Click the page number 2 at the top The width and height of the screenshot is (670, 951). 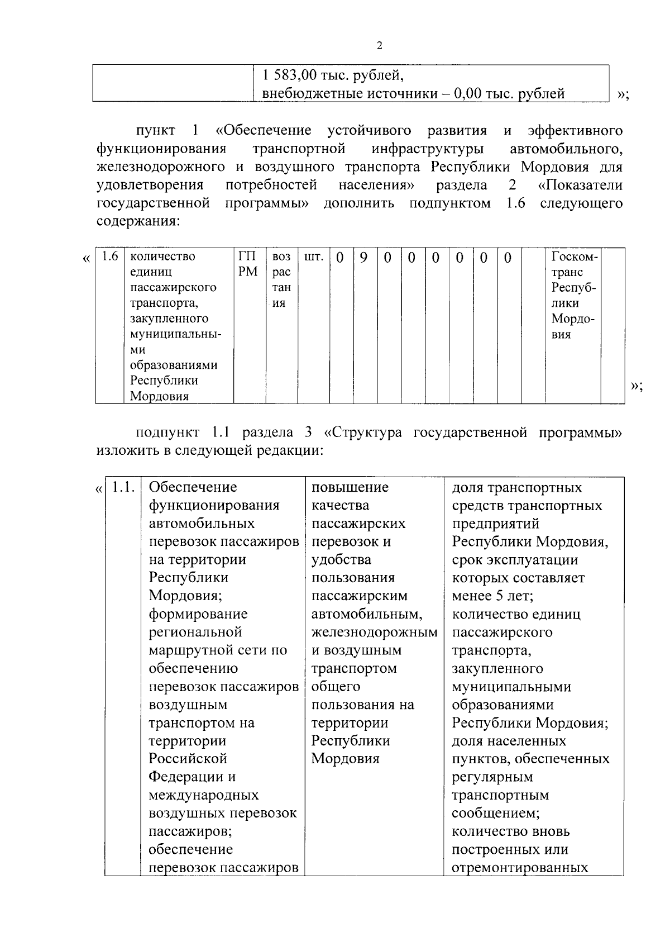380,46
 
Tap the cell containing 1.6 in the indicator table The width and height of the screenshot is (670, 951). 110,257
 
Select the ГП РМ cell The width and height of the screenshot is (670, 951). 248,264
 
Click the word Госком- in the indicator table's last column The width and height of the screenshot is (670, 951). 574,257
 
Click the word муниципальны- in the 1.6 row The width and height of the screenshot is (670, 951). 175,335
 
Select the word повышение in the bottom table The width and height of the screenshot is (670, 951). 350,487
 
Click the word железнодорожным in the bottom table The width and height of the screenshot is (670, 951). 374,633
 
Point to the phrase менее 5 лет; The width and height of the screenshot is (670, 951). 492,596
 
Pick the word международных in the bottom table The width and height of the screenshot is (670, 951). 203,795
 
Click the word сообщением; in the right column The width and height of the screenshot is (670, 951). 495,813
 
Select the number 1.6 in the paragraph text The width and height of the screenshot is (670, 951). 515,203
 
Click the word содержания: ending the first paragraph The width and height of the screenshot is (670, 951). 138,221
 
